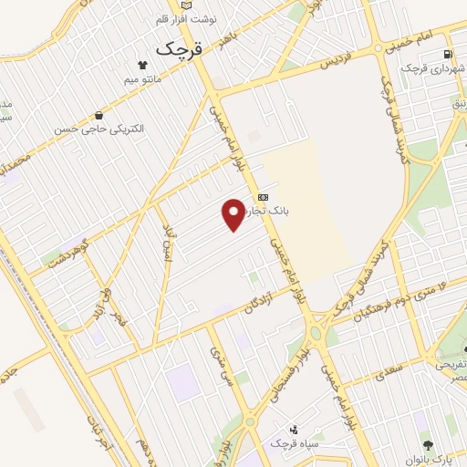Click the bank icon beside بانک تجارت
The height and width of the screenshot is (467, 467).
point(263,196)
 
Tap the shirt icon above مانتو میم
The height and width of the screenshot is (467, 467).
point(142,65)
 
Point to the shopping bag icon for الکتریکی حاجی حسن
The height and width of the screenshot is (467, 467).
point(99,116)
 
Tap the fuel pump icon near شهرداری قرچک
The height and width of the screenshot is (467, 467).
point(446,54)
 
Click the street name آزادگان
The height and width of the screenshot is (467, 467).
point(261,306)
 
